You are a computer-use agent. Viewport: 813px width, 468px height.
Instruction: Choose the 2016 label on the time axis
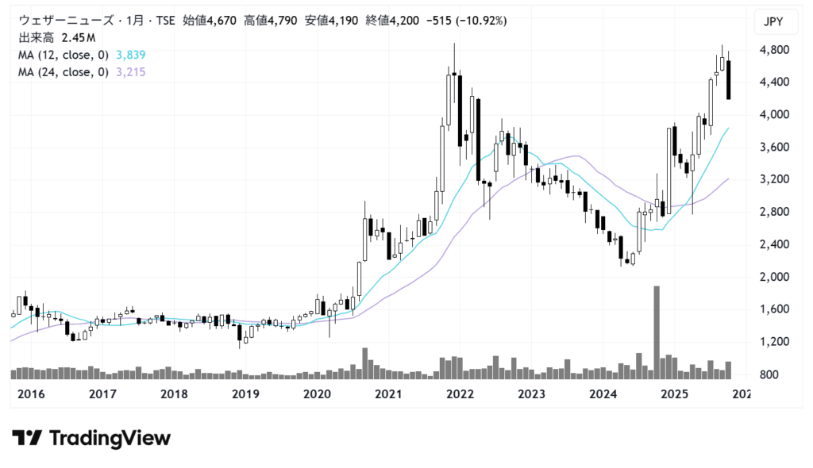click(x=31, y=394)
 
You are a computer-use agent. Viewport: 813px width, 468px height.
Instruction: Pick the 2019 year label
click(x=246, y=394)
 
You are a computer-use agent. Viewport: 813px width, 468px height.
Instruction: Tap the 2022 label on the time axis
click(x=460, y=394)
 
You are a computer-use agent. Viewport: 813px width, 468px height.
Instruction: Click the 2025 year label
click(x=675, y=394)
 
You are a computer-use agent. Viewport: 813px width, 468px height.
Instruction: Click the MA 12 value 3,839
click(x=130, y=55)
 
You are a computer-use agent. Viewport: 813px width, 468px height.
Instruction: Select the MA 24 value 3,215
click(x=130, y=72)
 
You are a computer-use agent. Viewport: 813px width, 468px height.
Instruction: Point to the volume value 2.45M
click(x=79, y=37)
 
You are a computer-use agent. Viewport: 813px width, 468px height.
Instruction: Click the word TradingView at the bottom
click(x=110, y=438)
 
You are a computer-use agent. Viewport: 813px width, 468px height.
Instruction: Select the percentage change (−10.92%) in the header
click(x=479, y=20)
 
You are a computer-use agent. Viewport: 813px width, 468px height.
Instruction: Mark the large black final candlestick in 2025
click(x=729, y=79)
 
